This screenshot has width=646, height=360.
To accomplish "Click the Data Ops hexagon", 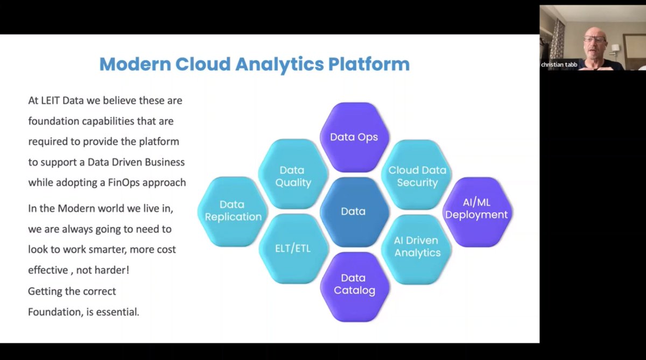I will click(x=354, y=137).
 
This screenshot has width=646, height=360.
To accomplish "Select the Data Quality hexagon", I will click(x=293, y=175).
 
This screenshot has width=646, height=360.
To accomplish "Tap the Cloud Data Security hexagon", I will click(x=417, y=175).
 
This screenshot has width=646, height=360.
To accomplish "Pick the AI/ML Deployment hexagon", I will click(x=477, y=208).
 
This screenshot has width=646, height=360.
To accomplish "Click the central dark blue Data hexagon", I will click(x=354, y=211).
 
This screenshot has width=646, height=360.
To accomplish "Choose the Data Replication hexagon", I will click(x=233, y=210).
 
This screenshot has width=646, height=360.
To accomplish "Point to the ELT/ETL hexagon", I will click(x=293, y=249).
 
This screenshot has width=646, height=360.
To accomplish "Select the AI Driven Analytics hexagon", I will click(x=417, y=246).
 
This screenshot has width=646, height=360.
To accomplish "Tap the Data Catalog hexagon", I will click(x=354, y=284).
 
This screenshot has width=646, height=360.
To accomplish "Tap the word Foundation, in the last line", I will click(x=54, y=312).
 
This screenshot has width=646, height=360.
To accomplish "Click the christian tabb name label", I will click(x=559, y=65).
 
